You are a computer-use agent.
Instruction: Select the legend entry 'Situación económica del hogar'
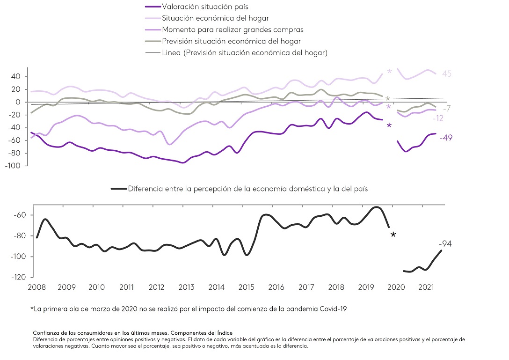point(215,18)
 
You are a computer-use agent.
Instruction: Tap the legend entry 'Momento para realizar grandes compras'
point(233,29)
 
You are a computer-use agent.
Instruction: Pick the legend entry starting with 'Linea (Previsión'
point(244,52)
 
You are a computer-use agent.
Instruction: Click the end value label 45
point(446,74)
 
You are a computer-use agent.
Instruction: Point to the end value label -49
point(446,138)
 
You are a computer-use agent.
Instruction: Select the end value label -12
point(438,118)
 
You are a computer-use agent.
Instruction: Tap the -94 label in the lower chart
point(445,243)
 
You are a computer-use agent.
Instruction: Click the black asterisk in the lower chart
point(393,235)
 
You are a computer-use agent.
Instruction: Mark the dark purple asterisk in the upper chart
point(389,126)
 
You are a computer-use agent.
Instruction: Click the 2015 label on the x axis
point(246,287)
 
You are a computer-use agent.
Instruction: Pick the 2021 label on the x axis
point(426,287)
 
